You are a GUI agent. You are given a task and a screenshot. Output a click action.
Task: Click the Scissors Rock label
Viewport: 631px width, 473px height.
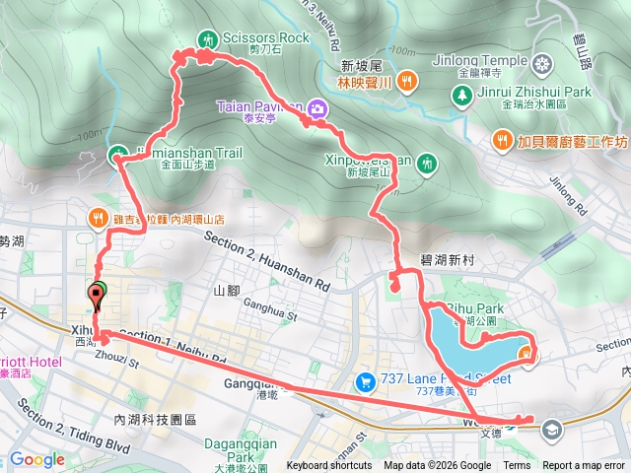(265, 37)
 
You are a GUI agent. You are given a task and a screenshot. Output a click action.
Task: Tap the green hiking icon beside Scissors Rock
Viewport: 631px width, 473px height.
(208, 38)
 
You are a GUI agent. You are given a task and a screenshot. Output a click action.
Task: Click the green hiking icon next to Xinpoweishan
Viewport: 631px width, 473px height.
(426, 162)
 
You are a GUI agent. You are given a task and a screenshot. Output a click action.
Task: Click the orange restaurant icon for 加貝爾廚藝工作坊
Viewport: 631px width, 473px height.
(503, 141)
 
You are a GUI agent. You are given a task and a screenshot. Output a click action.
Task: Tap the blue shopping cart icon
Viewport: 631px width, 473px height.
(364, 380)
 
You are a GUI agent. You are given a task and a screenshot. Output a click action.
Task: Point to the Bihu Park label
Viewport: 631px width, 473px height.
(476, 309)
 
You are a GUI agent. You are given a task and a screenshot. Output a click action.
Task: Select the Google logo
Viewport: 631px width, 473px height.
(36, 459)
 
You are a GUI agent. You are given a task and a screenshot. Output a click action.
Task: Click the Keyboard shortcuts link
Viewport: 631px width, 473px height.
(329, 466)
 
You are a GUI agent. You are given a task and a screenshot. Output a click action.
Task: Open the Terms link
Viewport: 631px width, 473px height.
(517, 466)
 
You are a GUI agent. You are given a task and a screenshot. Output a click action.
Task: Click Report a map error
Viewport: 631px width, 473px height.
(585, 466)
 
